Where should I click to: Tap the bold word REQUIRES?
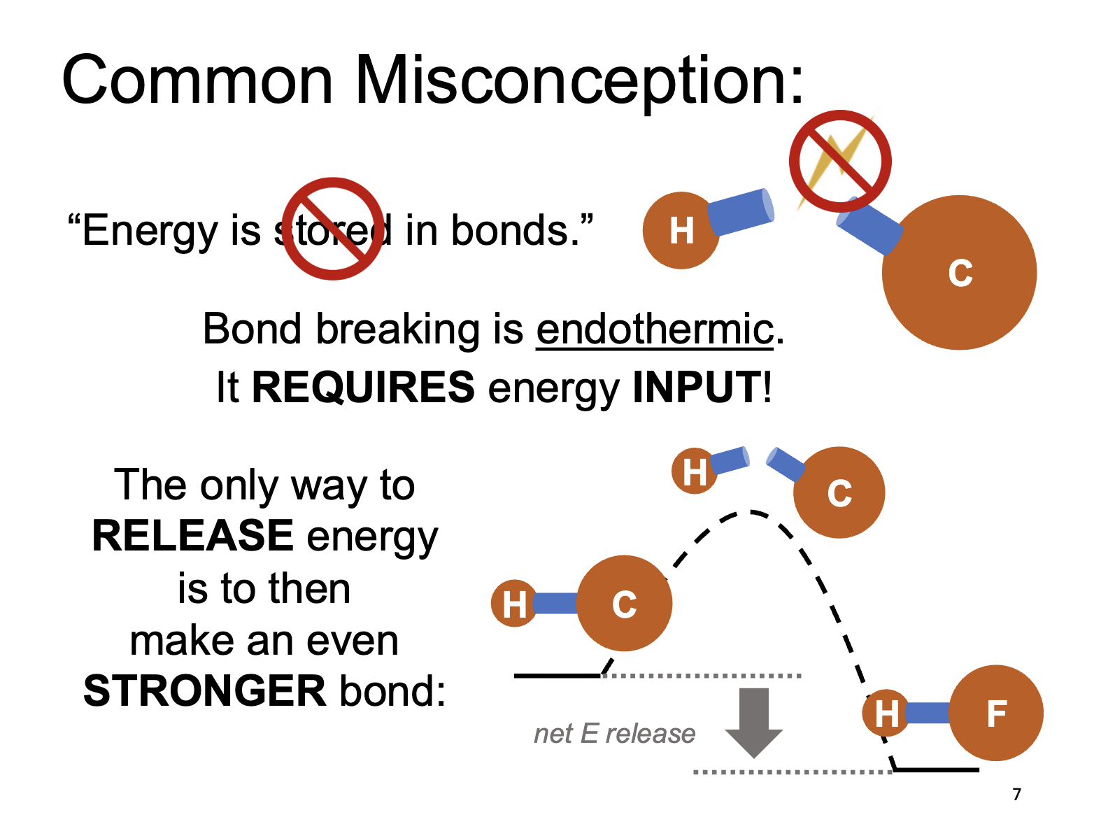coord(363,387)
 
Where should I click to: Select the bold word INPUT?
coord(697,387)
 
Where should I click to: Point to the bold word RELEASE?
coord(193,536)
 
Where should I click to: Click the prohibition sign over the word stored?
coord(333,229)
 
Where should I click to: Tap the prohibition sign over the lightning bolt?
coord(840,161)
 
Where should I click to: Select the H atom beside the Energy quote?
coord(681,231)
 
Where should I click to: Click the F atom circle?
coord(996,713)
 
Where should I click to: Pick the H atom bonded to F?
coord(886,713)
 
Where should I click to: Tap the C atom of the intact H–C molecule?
coord(624,604)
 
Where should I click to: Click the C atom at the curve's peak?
coord(839,492)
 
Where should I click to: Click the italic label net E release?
coord(614,734)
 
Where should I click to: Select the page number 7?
coord(1016,795)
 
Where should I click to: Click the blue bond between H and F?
coord(928,713)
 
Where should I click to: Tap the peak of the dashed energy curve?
coord(750,513)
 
